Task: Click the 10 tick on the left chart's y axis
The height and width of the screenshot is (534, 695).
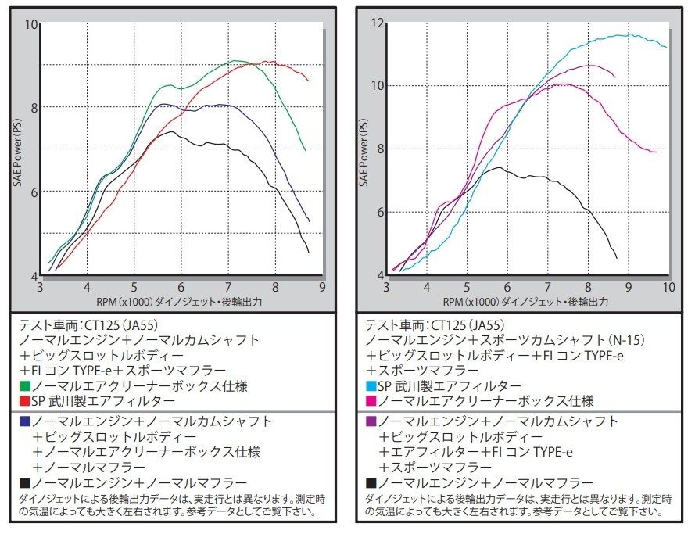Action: [31, 24]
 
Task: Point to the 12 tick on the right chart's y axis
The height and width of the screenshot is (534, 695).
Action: [378, 23]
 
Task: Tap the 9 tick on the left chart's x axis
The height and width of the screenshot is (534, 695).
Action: [323, 286]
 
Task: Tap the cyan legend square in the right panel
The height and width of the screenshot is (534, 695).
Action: [371, 385]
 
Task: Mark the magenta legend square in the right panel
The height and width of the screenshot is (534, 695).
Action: [371, 401]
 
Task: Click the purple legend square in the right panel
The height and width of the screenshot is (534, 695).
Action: [371, 421]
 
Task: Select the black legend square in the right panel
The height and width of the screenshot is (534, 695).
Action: [371, 482]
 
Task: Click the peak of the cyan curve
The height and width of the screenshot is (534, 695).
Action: [630, 34]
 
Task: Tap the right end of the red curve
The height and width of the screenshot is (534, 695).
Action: [309, 81]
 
